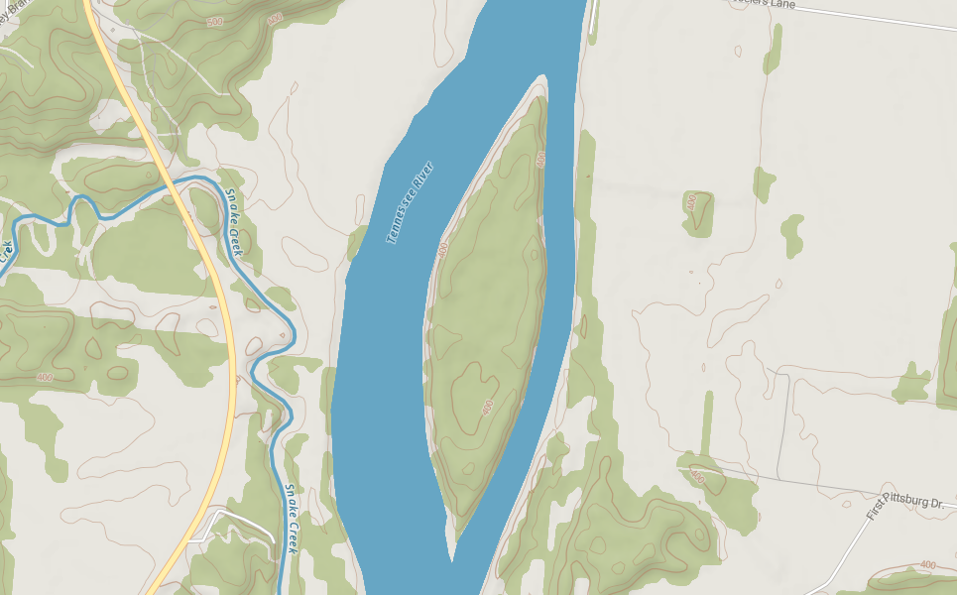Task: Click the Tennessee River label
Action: tap(411, 202)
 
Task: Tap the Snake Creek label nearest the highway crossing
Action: tap(233, 222)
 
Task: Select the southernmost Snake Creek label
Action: tap(292, 517)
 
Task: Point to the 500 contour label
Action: tap(215, 21)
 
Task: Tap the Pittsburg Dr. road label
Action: tap(914, 502)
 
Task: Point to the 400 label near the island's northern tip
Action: tap(540, 159)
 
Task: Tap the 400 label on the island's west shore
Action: tap(442, 250)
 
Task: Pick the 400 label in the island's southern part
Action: tap(487, 408)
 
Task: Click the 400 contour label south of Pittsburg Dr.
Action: tap(927, 564)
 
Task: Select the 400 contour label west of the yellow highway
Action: tap(44, 377)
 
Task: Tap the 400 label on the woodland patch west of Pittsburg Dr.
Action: tap(697, 478)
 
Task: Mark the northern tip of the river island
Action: tap(542, 76)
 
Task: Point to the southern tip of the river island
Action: tap(451, 557)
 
